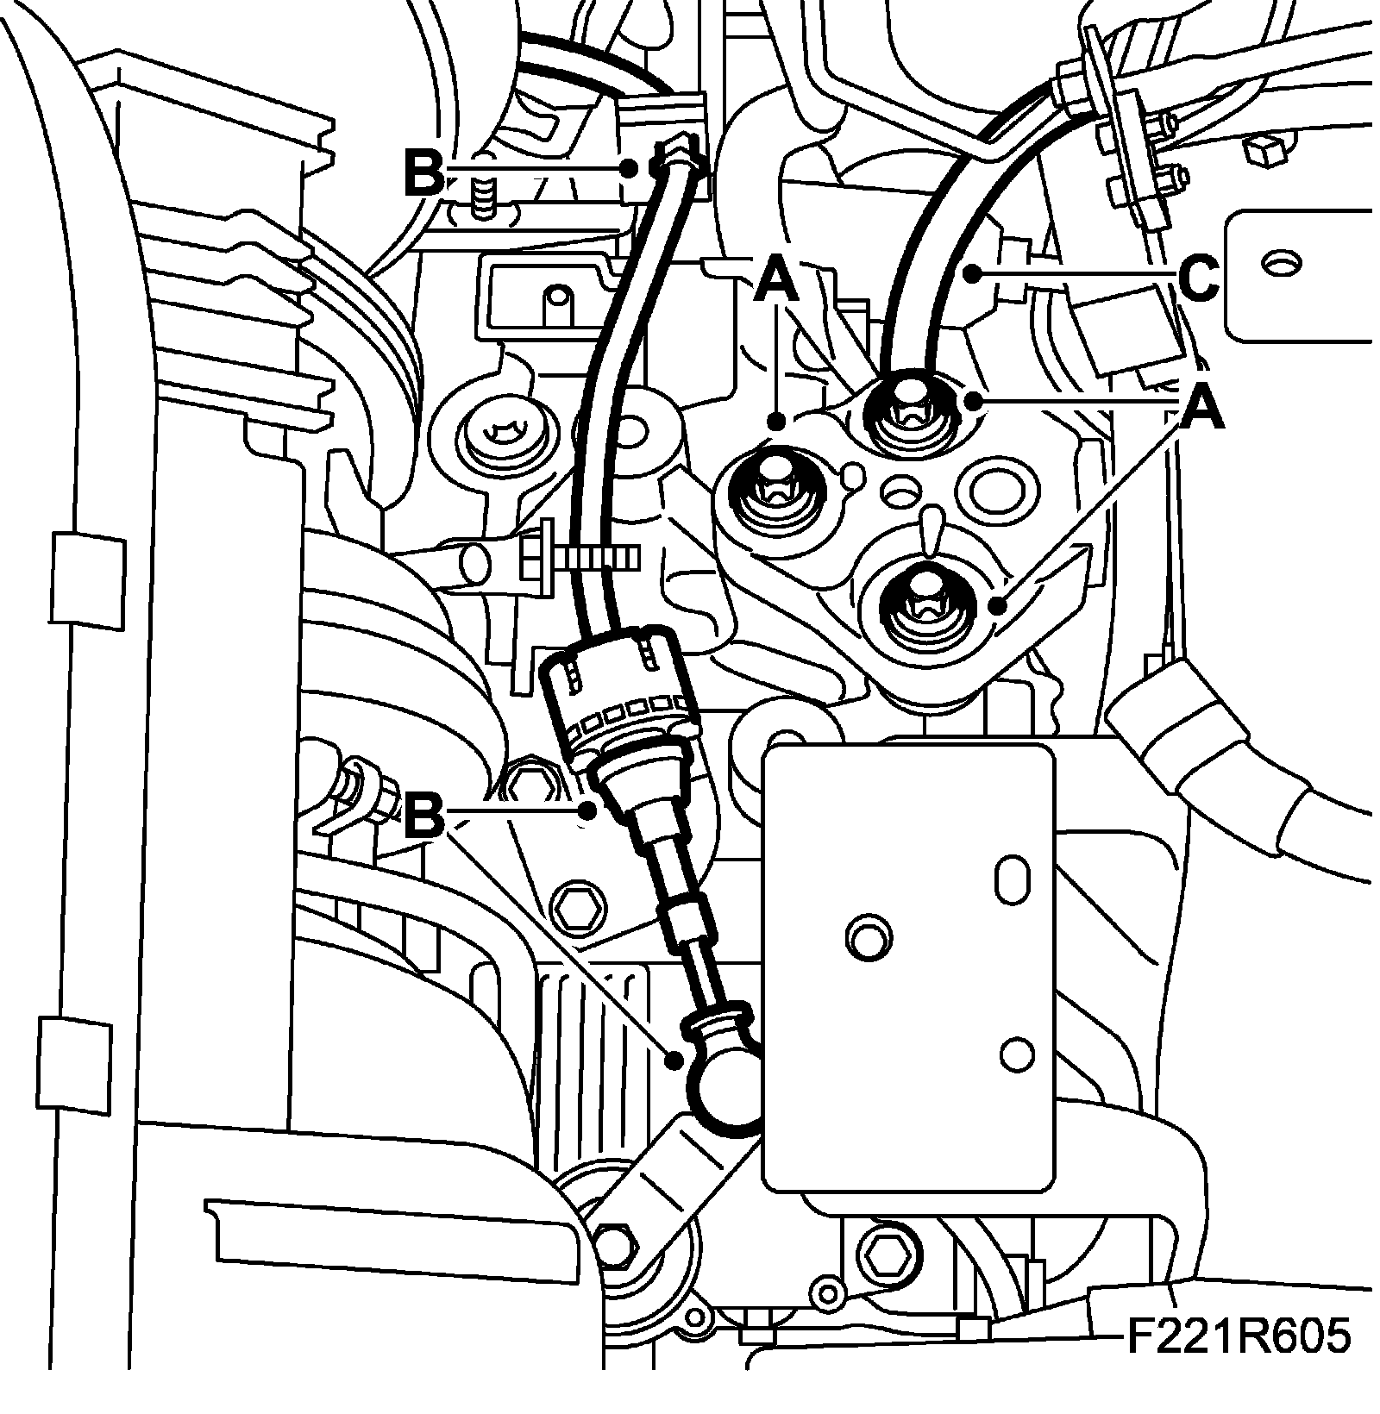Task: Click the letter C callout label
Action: [x=1197, y=281]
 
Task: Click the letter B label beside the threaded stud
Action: [x=425, y=175]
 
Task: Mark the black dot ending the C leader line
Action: [x=973, y=276]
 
